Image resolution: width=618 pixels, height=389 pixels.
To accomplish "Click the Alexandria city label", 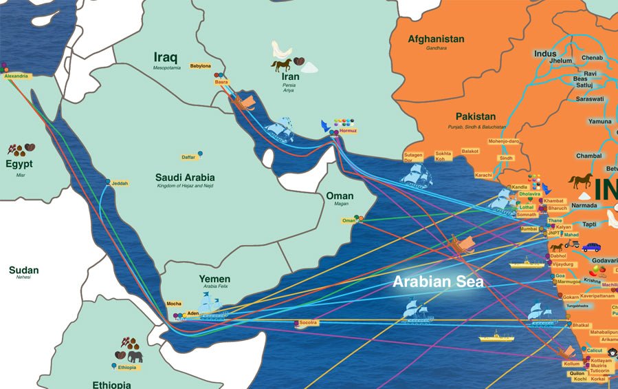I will pyautogui.click(x=16, y=76).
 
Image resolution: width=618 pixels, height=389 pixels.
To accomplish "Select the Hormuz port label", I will pyautogui.click(x=348, y=130).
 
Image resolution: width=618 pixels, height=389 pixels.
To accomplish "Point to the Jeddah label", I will pyautogui.click(x=120, y=183).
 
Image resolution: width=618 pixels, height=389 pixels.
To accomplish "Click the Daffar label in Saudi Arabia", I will pyautogui.click(x=188, y=157).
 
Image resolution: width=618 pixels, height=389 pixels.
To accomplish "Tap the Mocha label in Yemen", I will pyautogui.click(x=174, y=304).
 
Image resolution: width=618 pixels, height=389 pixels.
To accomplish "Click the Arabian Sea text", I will pyautogui.click(x=438, y=282).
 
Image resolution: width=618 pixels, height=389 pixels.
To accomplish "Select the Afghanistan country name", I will pyautogui.click(x=436, y=39).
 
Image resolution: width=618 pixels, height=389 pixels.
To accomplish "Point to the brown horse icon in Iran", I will pyautogui.click(x=282, y=65).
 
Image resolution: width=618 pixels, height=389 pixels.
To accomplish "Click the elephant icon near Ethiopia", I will pyautogui.click(x=135, y=356).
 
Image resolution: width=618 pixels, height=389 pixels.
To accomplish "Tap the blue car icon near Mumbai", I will pyautogui.click(x=591, y=246).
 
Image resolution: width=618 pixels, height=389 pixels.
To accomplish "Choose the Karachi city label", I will pyautogui.click(x=483, y=176).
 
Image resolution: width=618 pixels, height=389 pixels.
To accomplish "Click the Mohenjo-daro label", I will pyautogui.click(x=503, y=141).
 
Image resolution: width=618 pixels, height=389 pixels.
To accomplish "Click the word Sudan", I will pyautogui.click(x=24, y=271).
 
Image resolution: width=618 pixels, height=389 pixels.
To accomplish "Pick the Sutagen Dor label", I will pyautogui.click(x=413, y=158).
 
